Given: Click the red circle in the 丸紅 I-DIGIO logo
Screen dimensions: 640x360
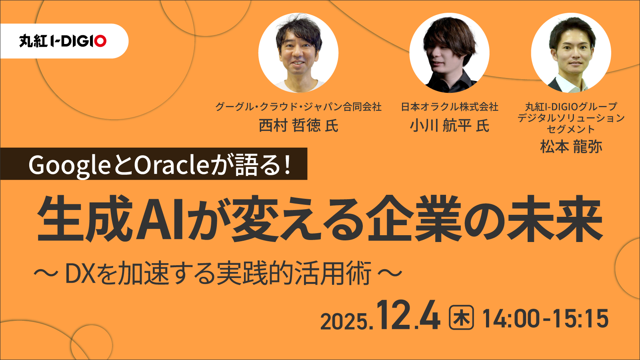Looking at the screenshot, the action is pos(100,41).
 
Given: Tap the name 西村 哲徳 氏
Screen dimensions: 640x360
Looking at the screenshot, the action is pos(298,126).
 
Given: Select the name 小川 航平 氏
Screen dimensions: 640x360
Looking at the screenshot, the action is pos(450,126).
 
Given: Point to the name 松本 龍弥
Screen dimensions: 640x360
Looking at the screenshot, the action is pos(571,146).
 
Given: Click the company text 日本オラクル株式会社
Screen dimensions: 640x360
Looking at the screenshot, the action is pos(450,107).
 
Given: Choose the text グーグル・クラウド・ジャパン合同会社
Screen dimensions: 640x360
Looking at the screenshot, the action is pos(298,107).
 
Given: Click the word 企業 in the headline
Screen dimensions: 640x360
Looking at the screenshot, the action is pos(414,218).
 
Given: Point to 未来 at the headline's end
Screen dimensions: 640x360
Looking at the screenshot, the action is pos(554,218).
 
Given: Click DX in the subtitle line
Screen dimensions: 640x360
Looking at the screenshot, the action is pos(80,273).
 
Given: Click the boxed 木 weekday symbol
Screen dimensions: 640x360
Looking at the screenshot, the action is pos(462,318).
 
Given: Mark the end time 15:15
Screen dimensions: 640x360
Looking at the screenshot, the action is pos(580,318).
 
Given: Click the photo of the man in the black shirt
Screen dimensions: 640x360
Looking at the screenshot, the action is pos(450,52).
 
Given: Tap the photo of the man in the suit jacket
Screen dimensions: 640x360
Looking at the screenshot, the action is pos(571,52).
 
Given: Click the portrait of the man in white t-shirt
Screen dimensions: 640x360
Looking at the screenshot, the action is pos(298,52).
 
